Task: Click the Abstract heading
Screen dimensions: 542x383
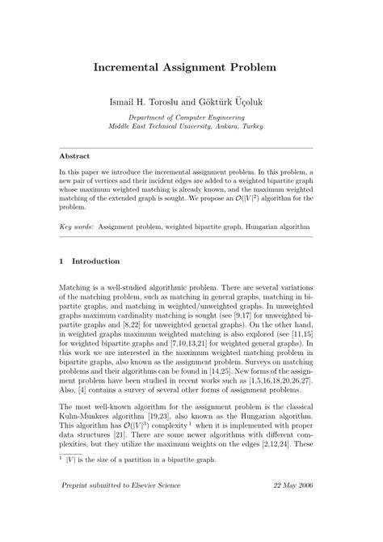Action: click(75, 155)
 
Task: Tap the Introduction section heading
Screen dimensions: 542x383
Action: click(96, 261)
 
